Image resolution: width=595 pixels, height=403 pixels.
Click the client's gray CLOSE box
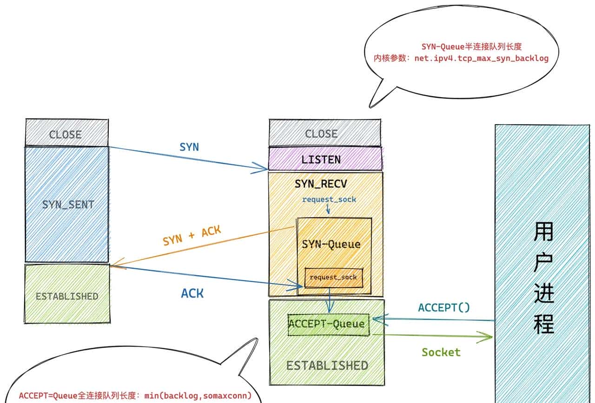point(66,134)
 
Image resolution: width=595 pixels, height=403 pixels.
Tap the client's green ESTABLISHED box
point(67,296)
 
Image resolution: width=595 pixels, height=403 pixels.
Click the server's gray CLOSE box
point(321,134)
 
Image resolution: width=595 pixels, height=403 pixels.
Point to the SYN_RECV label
point(321,184)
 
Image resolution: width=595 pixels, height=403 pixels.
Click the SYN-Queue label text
point(331,244)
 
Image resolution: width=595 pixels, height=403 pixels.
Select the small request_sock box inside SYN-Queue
point(333,277)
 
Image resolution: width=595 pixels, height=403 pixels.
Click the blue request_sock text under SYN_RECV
point(329,199)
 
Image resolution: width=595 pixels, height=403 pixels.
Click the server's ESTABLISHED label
point(327,365)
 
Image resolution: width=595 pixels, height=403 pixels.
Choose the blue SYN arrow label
point(189,147)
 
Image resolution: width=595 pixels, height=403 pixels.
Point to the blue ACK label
point(192,293)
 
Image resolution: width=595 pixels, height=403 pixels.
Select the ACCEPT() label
point(444,307)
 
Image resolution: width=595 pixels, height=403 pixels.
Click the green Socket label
point(441,352)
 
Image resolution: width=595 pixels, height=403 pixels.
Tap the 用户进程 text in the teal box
point(544,277)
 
